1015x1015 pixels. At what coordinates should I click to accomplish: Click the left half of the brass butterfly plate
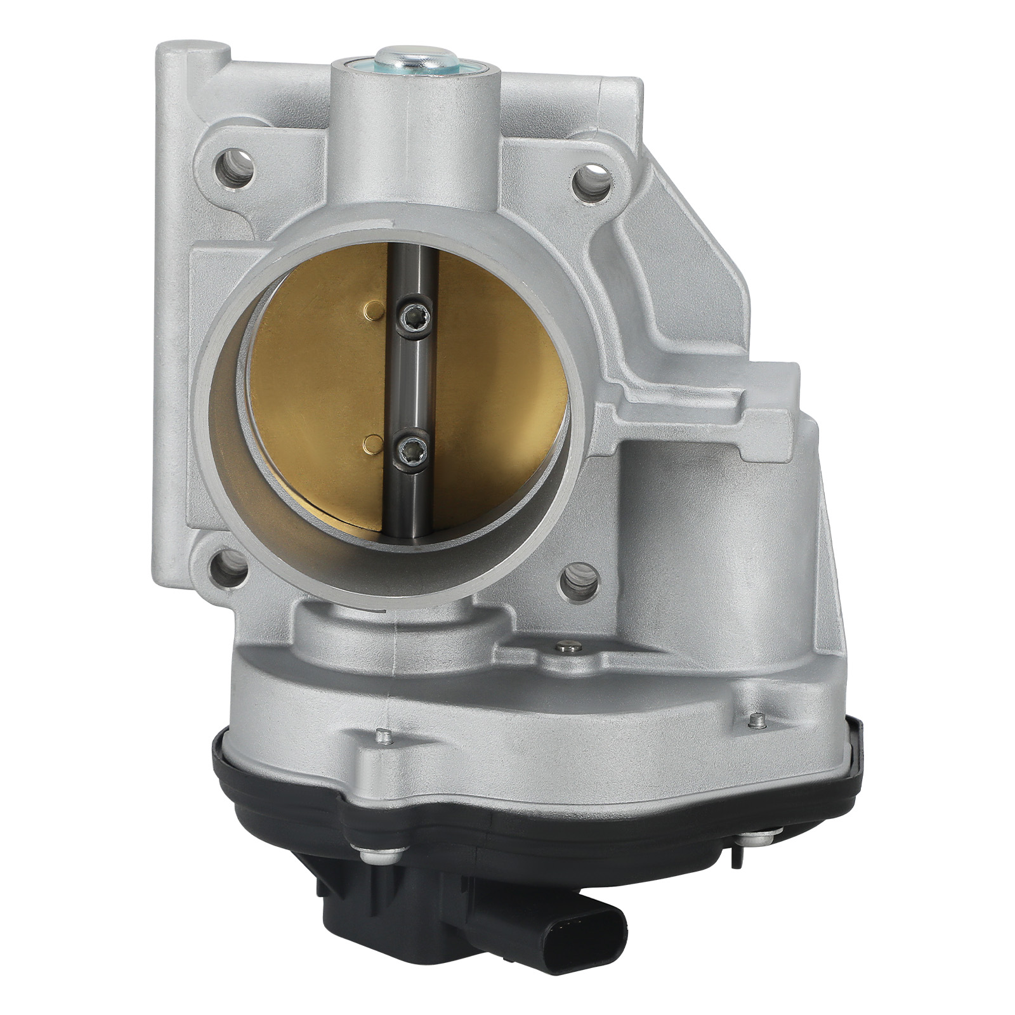(x=317, y=393)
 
